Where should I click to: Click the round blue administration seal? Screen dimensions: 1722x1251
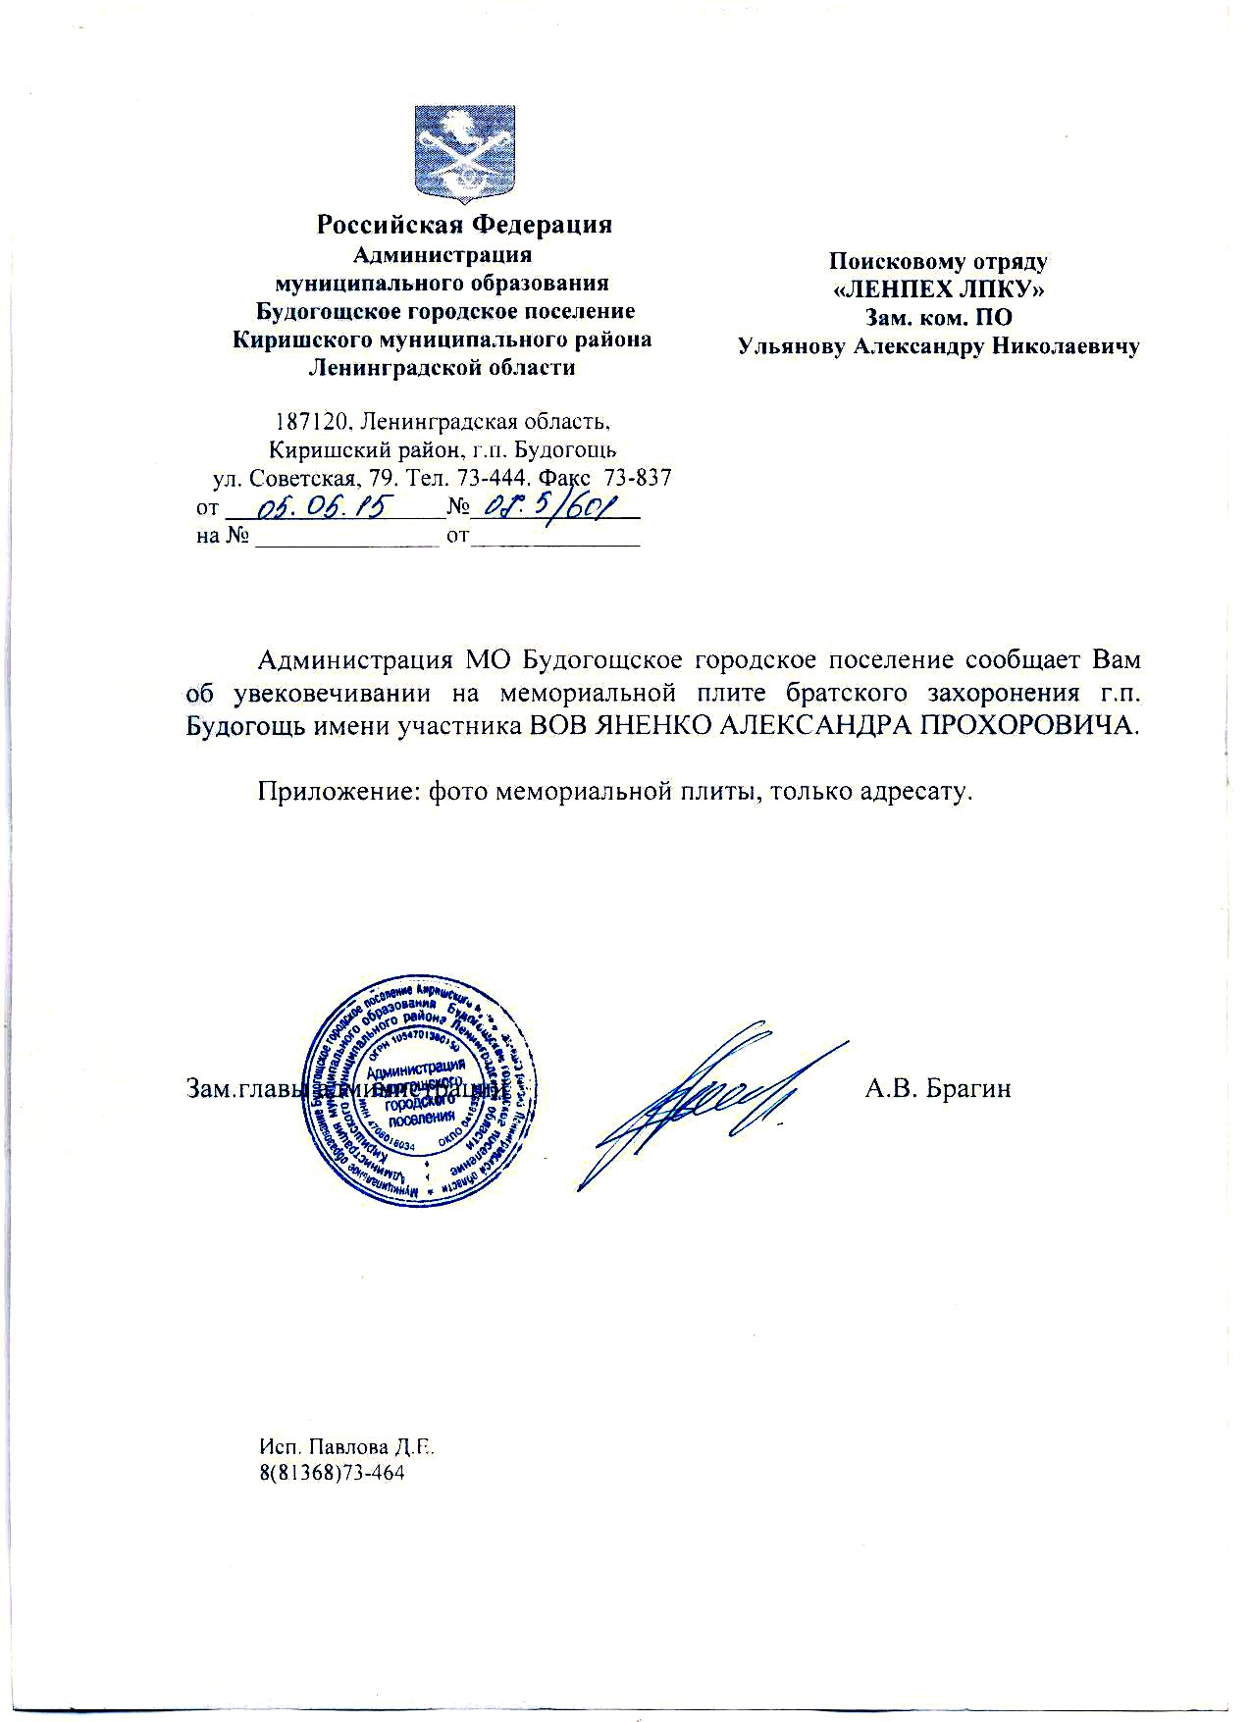(x=423, y=1096)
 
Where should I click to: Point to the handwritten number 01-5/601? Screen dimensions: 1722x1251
(x=555, y=507)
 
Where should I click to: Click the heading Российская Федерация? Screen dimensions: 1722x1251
(x=463, y=225)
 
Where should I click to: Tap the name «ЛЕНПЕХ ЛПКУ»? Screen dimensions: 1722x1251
(x=938, y=289)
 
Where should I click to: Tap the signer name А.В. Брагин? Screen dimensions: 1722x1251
(x=937, y=1088)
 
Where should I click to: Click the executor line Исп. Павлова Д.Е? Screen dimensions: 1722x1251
(x=345, y=1447)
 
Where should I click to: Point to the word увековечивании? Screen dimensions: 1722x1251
(x=333, y=692)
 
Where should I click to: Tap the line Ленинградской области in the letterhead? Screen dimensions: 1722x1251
(x=442, y=368)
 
